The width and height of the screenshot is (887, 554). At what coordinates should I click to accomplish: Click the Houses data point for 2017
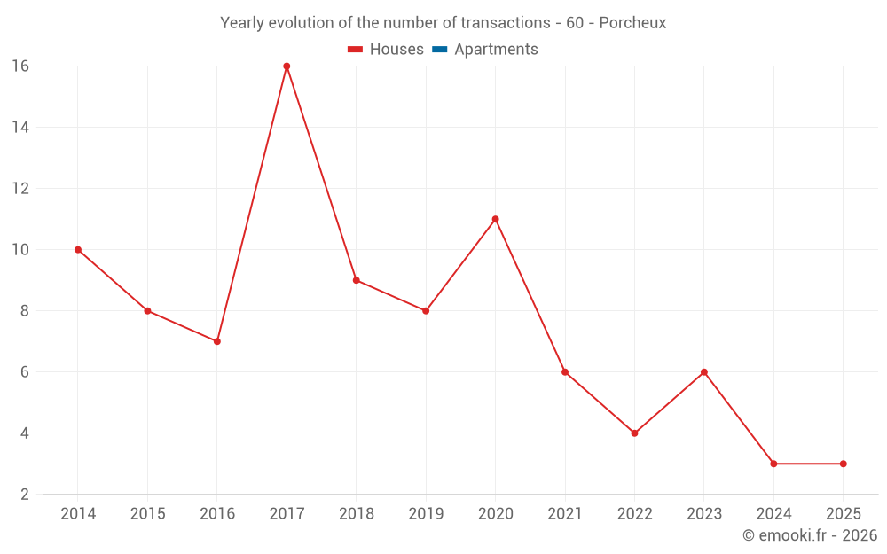(x=287, y=66)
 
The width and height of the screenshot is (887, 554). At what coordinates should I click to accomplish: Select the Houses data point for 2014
(x=78, y=250)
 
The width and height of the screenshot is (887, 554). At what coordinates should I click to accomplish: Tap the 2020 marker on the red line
(x=495, y=219)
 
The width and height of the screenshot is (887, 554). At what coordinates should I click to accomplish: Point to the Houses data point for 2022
(x=634, y=433)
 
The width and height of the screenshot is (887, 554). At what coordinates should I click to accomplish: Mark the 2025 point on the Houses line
(x=843, y=464)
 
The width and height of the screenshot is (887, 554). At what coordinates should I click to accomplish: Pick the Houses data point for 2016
(x=216, y=341)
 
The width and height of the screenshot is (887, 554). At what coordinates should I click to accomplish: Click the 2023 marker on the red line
(x=704, y=372)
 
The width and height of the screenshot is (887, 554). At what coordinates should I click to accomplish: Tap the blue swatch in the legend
(x=439, y=50)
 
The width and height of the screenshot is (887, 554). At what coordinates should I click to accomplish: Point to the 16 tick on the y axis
(x=20, y=66)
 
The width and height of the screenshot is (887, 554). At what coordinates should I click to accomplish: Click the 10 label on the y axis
(x=20, y=250)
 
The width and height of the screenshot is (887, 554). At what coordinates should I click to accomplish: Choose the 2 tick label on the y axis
(x=24, y=495)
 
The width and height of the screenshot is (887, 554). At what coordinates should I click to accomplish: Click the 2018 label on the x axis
(x=356, y=514)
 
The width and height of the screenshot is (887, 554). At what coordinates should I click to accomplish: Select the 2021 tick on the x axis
(x=565, y=514)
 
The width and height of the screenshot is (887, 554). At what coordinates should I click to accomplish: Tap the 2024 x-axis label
(x=773, y=514)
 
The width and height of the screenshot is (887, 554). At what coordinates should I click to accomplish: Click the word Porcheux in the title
(x=632, y=23)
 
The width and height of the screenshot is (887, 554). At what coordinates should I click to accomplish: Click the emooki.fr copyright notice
(x=809, y=535)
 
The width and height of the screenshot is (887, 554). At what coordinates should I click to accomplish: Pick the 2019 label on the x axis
(x=426, y=514)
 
